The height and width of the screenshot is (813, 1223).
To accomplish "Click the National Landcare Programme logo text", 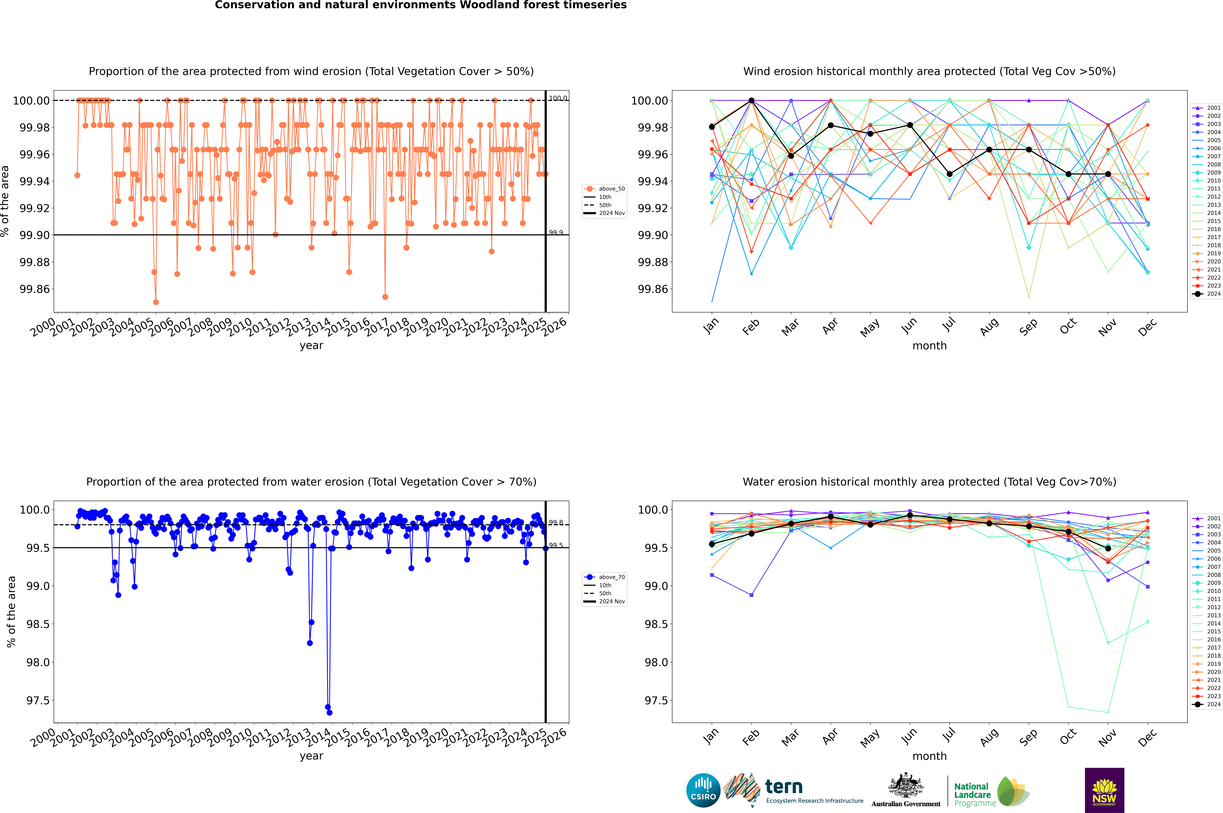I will [972, 794].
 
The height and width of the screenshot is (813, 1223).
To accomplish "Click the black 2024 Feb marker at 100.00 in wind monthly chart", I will [751, 101].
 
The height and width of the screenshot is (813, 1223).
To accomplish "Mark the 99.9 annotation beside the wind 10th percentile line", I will [556, 233].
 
